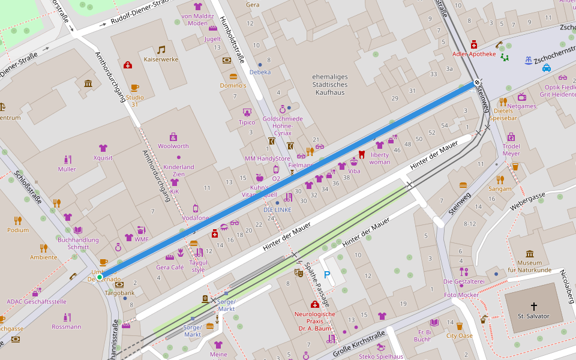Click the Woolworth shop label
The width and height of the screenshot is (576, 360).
tap(173, 146)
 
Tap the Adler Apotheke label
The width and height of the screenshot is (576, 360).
tap(474, 54)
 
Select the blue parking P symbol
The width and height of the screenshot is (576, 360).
tap(327, 275)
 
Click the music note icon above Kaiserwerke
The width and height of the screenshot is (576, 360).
tap(161, 49)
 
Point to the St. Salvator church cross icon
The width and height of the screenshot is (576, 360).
tap(534, 306)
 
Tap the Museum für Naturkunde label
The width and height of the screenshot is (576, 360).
tap(529, 266)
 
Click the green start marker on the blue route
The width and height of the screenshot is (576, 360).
tap(100, 277)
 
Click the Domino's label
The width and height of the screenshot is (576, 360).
tap(233, 85)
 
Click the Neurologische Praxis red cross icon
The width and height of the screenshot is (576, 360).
tap(314, 304)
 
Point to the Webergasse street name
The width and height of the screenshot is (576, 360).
tap(527, 202)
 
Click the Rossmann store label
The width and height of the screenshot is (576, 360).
tap(66, 326)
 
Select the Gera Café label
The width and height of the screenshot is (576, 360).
tap(170, 267)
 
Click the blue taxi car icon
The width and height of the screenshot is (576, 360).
tap(547, 68)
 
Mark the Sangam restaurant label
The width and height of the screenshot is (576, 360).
tap(500, 188)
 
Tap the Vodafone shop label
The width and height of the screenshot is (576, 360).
tap(196, 218)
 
